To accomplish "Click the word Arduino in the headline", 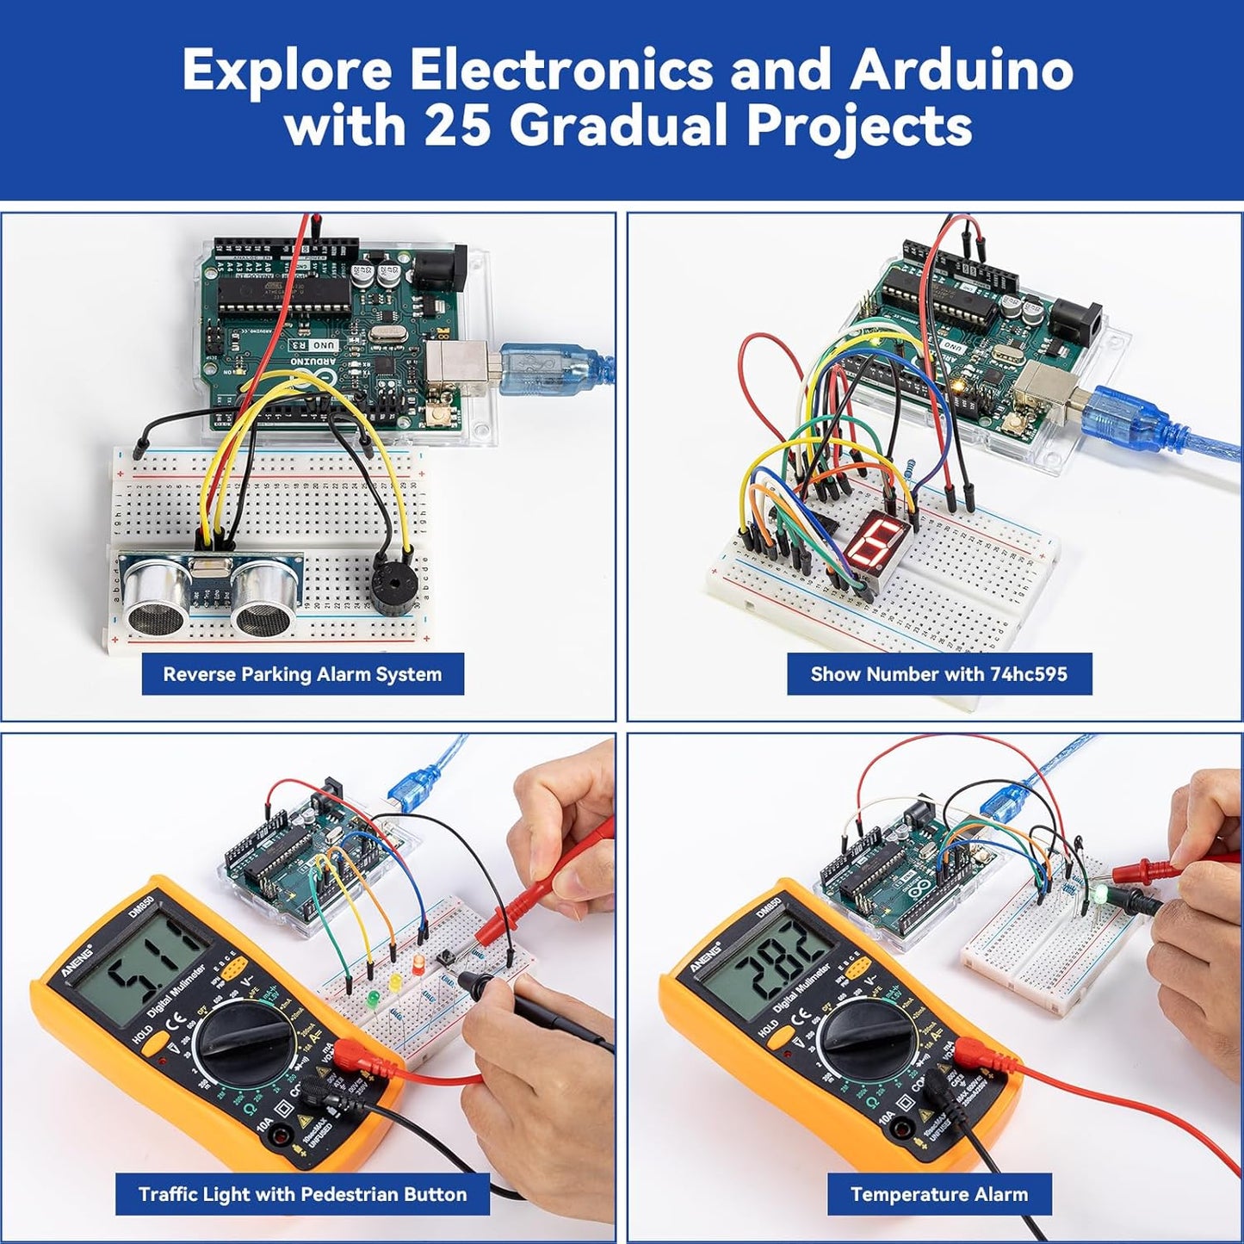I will [x=962, y=70].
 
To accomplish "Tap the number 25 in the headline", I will [x=456, y=127].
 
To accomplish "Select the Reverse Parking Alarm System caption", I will [x=302, y=674].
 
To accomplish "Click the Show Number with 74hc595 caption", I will [x=938, y=674].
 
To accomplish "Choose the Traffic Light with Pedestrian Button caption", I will [x=302, y=1194].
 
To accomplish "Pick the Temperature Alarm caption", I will [x=938, y=1194].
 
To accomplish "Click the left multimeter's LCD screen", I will [x=142, y=960].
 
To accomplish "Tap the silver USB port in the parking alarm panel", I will [x=450, y=363].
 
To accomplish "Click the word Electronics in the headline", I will [x=560, y=70].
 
